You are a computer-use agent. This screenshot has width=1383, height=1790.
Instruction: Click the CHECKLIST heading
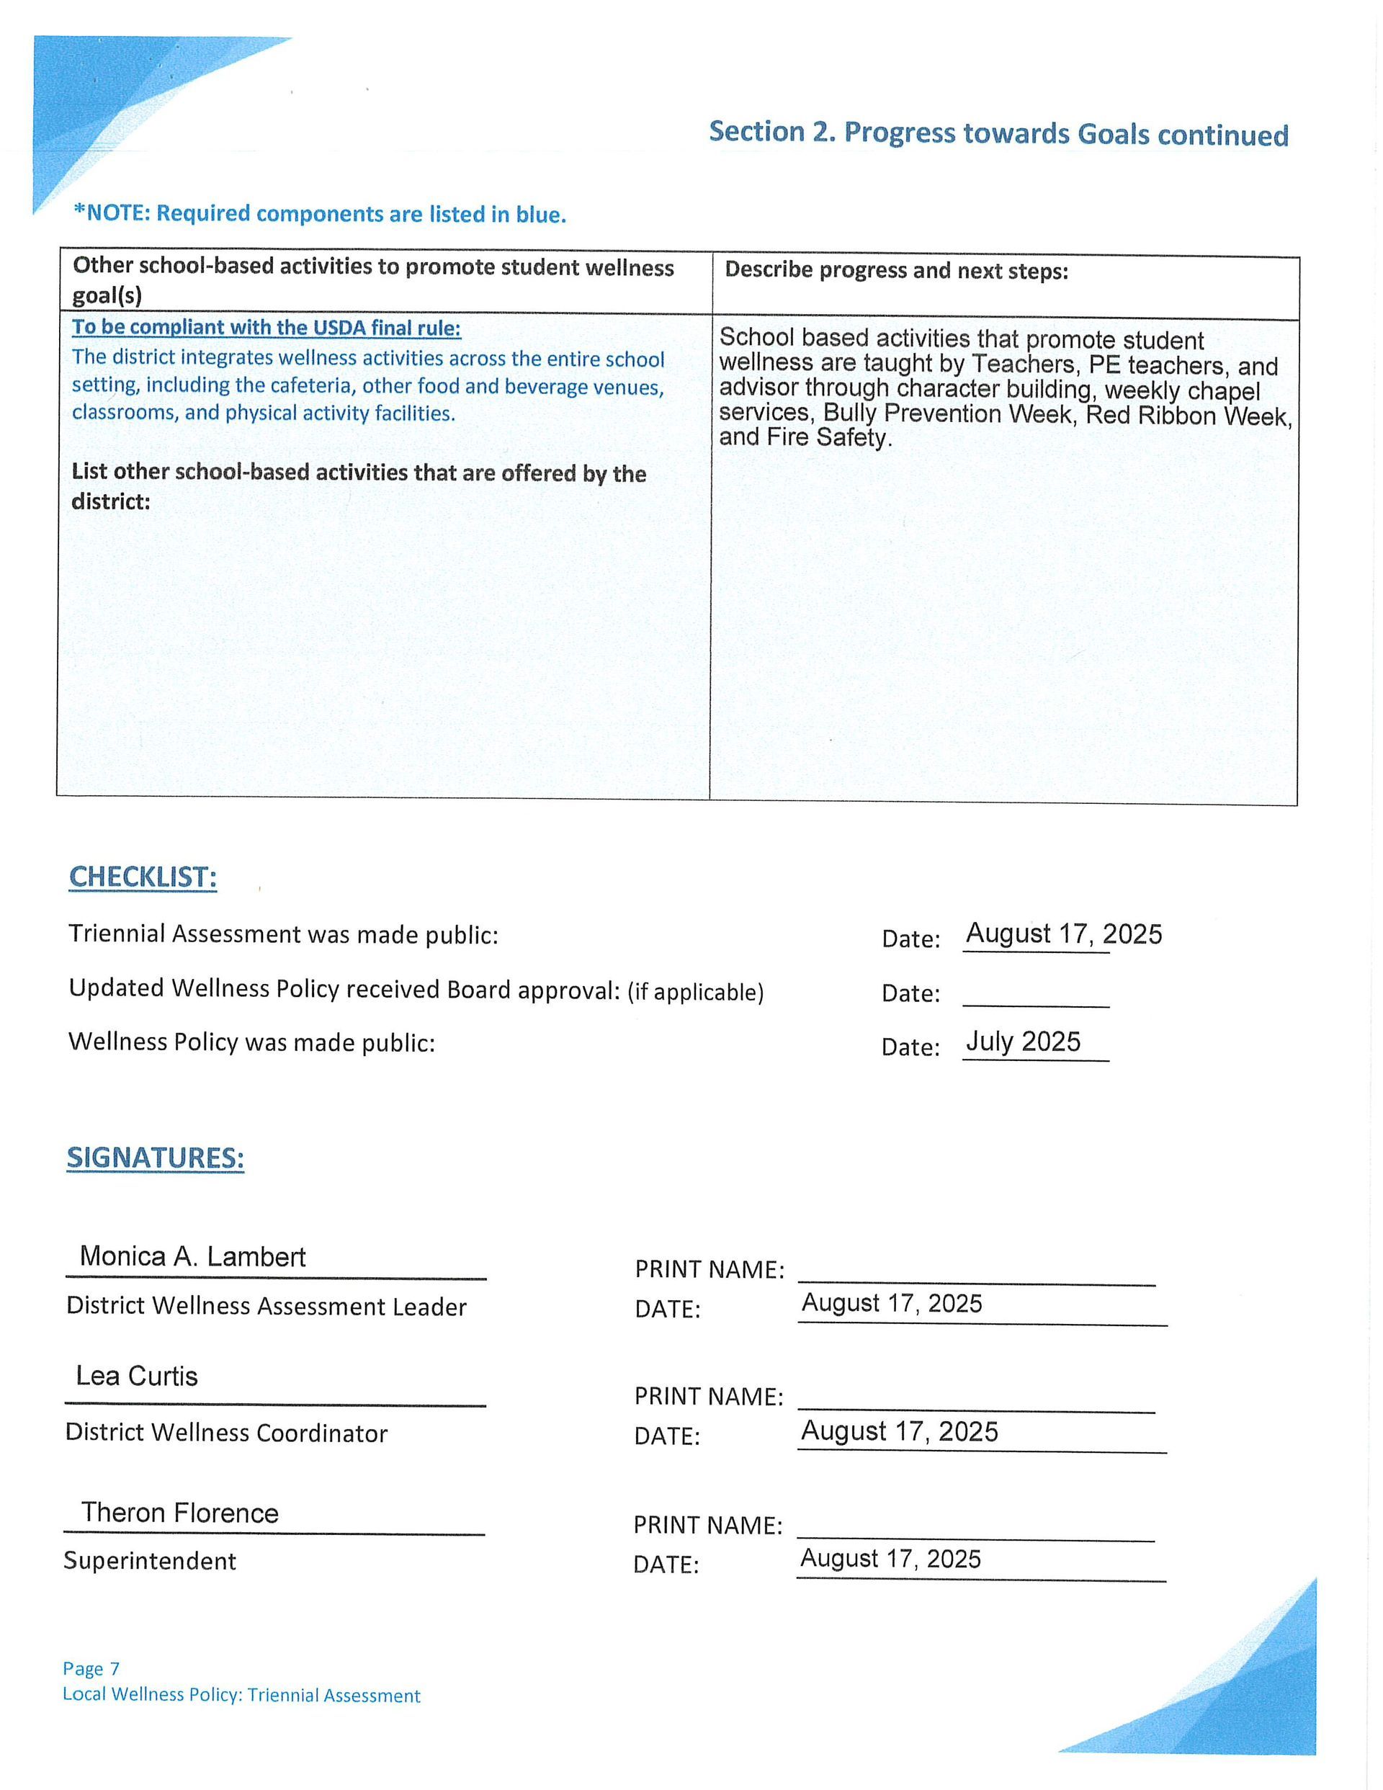point(143,877)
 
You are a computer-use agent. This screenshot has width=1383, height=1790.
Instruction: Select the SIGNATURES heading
point(155,1158)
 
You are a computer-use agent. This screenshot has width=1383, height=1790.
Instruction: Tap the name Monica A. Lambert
point(192,1256)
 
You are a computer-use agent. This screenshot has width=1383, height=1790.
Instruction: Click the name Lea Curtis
point(137,1376)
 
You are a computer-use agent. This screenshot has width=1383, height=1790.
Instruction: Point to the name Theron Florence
point(179,1513)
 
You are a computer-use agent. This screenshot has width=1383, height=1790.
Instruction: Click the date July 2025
point(1023,1042)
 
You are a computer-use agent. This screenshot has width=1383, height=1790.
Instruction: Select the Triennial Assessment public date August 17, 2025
point(1063,934)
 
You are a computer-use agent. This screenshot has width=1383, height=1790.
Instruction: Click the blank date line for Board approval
point(1035,995)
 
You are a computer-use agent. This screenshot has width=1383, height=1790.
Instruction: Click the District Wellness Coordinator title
point(226,1433)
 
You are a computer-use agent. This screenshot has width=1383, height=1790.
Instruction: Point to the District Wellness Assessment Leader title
point(267,1307)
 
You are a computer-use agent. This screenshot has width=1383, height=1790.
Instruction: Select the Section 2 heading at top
point(998,133)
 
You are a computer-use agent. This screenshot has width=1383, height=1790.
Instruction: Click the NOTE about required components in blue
point(320,214)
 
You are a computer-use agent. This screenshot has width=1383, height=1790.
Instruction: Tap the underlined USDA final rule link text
point(267,328)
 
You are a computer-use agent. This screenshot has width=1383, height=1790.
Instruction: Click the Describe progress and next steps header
point(897,270)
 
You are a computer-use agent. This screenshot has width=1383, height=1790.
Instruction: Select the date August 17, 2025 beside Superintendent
point(890,1559)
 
